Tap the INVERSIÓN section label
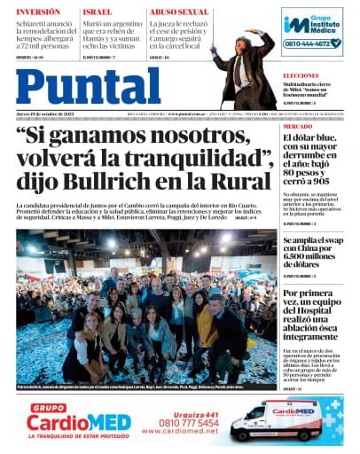pyautogui.click(x=38, y=12)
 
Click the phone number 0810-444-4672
pyautogui.click(x=311, y=43)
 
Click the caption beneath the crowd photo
pyautogui.click(x=142, y=387)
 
